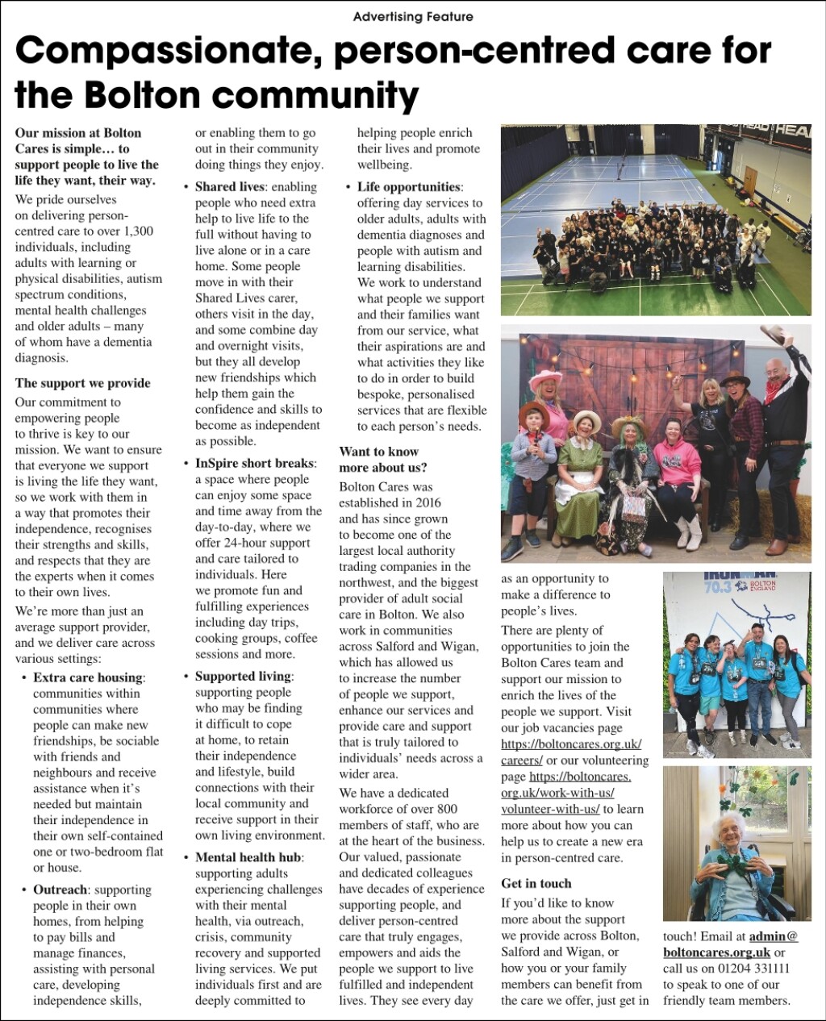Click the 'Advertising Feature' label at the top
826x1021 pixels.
[x=413, y=16]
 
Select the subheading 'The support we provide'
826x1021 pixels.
[x=82, y=382]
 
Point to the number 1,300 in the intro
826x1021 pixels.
[x=139, y=231]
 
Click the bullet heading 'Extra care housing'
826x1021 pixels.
[x=88, y=677]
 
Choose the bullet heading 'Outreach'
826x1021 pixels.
[x=60, y=890]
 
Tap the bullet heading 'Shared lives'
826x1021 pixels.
[x=229, y=186]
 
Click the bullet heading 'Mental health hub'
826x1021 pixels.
[x=248, y=856]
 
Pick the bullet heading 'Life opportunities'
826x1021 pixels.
[x=408, y=186]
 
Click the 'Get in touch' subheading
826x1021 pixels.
[x=536, y=883]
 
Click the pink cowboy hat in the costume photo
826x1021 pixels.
[x=547, y=378]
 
